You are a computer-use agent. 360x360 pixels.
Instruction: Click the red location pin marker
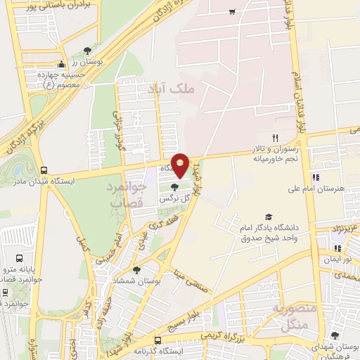coord(180,165)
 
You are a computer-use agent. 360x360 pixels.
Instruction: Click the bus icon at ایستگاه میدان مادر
coord(44,170)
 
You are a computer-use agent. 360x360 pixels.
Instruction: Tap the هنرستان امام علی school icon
coord(316,177)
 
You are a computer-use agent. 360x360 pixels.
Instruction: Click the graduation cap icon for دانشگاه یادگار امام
coord(268,217)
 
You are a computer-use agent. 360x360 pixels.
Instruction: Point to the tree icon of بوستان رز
coord(86,51)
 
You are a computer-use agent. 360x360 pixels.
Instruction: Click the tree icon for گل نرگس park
coord(174,186)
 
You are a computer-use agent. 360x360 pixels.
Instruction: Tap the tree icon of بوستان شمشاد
coord(136,269)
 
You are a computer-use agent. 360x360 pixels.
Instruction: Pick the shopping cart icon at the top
coord(232,12)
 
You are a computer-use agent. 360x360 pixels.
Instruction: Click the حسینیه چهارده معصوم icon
coord(63,64)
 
